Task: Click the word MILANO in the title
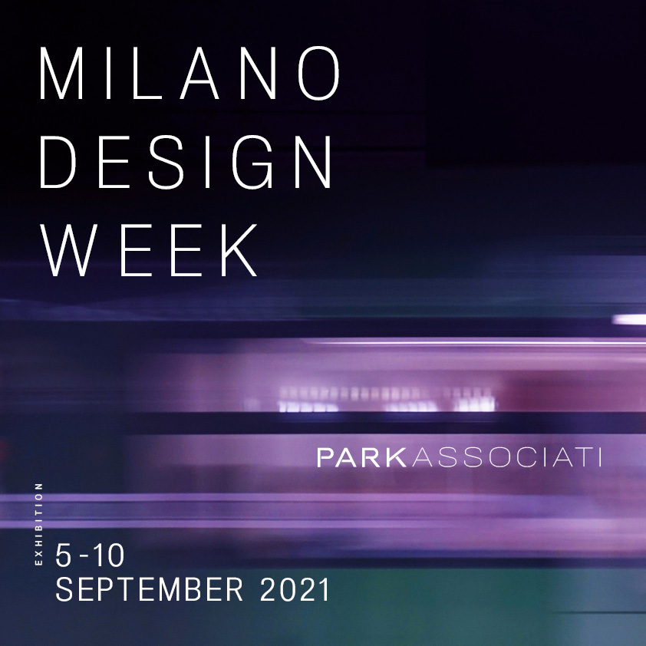tap(189, 73)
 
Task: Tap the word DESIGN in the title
tap(186, 162)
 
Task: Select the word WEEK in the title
tap(149, 250)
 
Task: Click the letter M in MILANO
tap(61, 74)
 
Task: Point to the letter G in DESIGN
tap(252, 162)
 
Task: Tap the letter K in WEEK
tap(239, 250)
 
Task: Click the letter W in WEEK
tap(69, 250)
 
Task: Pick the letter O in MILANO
tap(318, 73)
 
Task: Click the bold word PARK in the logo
tap(361, 458)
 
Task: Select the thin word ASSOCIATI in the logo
tap(506, 458)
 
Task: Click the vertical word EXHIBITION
tap(38, 524)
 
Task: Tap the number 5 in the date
tap(63, 555)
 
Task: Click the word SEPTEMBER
tap(149, 589)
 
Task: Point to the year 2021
tap(295, 589)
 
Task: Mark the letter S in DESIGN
tap(165, 162)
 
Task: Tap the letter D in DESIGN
tap(58, 162)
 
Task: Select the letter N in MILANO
tap(258, 74)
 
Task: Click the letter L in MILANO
tap(147, 74)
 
